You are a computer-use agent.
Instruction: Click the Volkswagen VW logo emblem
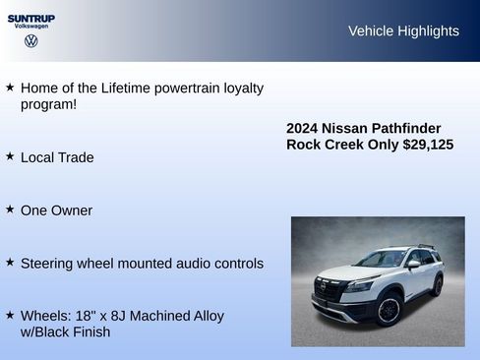click(31, 41)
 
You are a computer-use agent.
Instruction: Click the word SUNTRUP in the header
click(31, 18)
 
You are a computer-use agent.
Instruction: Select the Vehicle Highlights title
click(403, 30)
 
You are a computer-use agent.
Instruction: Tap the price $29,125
click(428, 145)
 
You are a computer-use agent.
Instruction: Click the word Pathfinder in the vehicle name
click(404, 129)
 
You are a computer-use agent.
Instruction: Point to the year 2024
click(303, 129)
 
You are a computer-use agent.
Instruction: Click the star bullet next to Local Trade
click(10, 156)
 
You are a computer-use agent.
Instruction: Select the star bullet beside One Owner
click(10, 210)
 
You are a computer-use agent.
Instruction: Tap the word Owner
click(72, 210)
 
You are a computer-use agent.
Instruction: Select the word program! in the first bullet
click(49, 103)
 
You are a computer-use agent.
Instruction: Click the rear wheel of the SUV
click(437, 285)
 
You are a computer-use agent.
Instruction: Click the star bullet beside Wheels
click(10, 316)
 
